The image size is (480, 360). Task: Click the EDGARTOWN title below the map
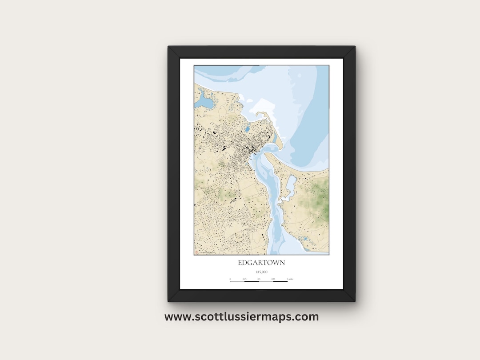click(x=261, y=263)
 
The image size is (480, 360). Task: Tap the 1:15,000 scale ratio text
click(x=261, y=272)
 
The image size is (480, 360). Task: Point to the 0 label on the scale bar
click(x=230, y=279)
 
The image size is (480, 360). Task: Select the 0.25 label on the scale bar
click(x=244, y=279)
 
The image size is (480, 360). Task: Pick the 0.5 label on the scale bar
click(x=259, y=279)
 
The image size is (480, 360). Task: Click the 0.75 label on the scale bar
click(x=273, y=279)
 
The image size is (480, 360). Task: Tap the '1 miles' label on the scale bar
click(x=290, y=279)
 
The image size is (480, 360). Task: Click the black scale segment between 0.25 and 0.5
click(x=252, y=281)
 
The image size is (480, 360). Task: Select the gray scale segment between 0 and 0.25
click(x=237, y=281)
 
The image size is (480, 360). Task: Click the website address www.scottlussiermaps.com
click(x=241, y=317)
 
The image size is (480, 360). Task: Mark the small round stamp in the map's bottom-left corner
click(x=196, y=252)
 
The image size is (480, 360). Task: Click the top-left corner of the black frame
click(x=169, y=47)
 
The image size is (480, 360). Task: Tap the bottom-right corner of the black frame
click(x=354, y=301)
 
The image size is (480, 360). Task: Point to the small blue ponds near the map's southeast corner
click(x=306, y=240)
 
